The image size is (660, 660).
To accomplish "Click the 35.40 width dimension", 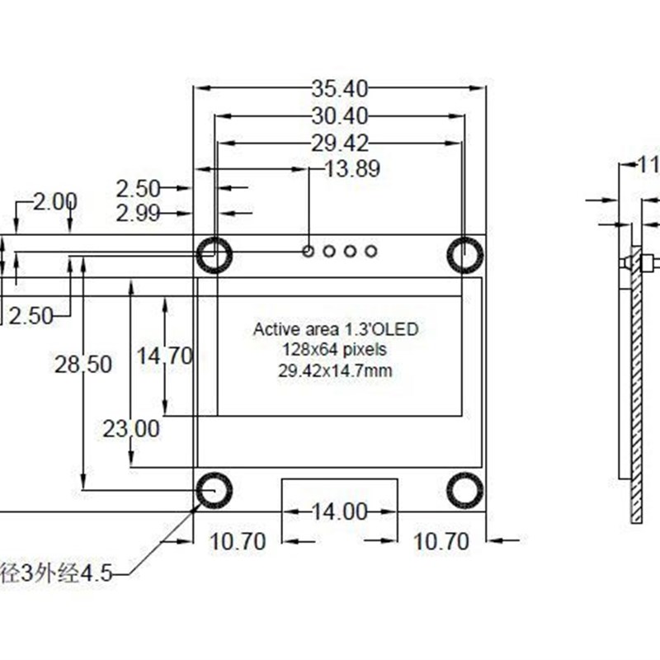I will pyautogui.click(x=339, y=87).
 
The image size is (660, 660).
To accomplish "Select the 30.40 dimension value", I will pyautogui.click(x=339, y=115).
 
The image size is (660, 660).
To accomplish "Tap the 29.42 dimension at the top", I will pyautogui.click(x=339, y=143).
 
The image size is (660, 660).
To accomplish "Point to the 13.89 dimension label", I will pyautogui.click(x=352, y=170).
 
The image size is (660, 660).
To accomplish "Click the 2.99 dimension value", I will pyautogui.click(x=138, y=214).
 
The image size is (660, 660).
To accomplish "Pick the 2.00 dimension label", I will pyautogui.click(x=55, y=201).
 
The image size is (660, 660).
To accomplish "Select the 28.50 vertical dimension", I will pyautogui.click(x=82, y=365).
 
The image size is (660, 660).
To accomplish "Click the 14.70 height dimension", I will pyautogui.click(x=165, y=356).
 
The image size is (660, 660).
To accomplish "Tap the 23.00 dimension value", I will pyautogui.click(x=131, y=429).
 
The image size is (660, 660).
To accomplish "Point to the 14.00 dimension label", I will pyautogui.click(x=339, y=511).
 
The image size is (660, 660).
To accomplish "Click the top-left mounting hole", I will pyautogui.click(x=214, y=254).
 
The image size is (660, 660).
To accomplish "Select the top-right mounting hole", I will pyautogui.click(x=464, y=254).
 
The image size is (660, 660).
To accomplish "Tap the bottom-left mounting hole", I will pyautogui.click(x=214, y=490).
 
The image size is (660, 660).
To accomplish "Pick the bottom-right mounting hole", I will pyautogui.click(x=464, y=490).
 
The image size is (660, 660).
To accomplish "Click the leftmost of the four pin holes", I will pyautogui.click(x=309, y=250).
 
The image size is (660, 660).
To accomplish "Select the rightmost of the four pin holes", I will pyautogui.click(x=370, y=250).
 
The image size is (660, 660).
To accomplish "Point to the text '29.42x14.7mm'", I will pyautogui.click(x=335, y=371).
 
